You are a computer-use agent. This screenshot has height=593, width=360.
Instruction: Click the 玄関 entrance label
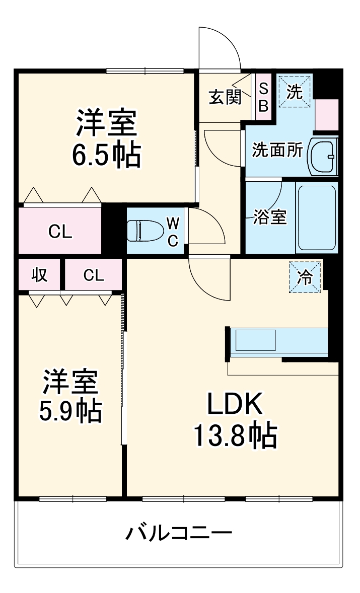225,97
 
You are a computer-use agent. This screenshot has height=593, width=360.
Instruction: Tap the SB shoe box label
263,97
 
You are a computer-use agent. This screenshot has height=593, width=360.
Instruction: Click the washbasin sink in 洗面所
323,157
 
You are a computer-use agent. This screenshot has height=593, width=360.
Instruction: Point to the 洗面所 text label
278,150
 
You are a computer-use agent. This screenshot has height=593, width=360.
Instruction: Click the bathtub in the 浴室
317,218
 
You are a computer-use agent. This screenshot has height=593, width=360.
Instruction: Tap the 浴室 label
270,217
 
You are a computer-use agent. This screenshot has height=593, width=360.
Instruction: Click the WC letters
173,231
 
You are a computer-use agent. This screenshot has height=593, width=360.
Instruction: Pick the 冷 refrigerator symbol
305,277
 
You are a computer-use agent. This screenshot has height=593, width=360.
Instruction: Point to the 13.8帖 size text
236,435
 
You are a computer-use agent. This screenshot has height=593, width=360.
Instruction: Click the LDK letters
236,404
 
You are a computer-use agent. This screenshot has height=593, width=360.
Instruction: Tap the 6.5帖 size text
106,156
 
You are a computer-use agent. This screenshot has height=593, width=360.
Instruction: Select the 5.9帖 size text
70,411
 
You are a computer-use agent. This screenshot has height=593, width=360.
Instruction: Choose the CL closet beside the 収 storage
94,275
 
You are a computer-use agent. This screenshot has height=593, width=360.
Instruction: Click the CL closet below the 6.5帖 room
60,231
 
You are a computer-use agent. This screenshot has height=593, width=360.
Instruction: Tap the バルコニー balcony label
179,533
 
